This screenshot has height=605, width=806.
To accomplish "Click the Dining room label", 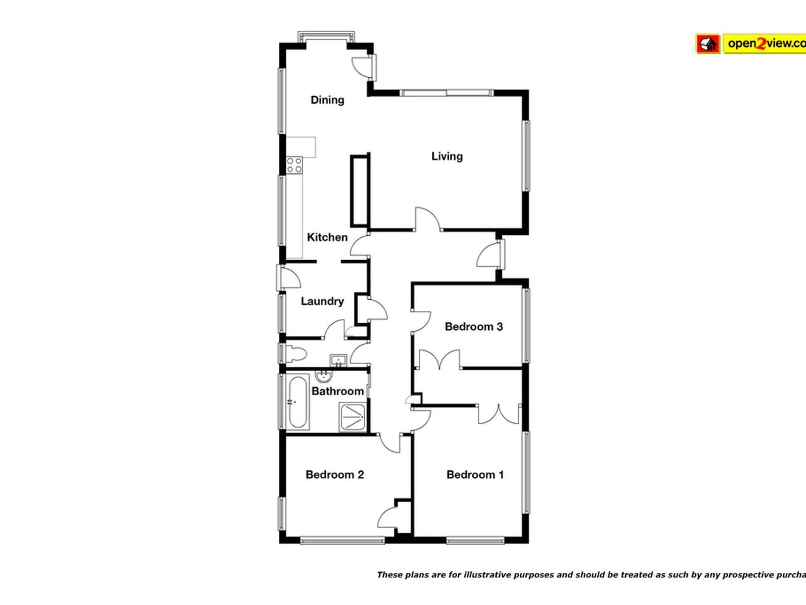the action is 327,100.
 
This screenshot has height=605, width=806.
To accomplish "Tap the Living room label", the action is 447,156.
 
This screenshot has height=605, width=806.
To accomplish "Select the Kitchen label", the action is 327,237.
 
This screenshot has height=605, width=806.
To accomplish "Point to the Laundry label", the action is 322,301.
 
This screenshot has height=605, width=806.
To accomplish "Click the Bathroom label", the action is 338,391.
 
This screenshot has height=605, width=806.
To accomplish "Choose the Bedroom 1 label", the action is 475,475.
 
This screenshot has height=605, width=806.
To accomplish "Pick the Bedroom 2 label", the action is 335,475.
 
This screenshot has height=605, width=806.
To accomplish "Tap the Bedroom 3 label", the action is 473,326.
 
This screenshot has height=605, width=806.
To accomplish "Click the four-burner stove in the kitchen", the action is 294,165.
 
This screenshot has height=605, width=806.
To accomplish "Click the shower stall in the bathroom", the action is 352,416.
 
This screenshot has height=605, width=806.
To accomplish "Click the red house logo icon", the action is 708,44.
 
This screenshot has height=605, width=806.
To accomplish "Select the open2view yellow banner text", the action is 764,44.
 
